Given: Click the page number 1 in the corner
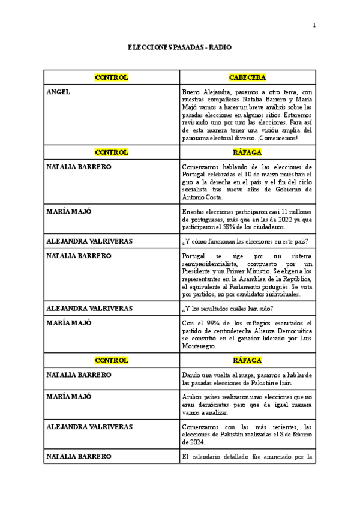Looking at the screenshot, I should tap(313, 25).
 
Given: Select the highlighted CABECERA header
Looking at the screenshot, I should tap(247, 77).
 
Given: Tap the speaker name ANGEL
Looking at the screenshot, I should tap(58, 92).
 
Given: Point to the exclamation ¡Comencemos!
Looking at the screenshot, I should tap(284, 137).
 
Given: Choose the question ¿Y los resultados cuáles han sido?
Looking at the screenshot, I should tap(227, 309).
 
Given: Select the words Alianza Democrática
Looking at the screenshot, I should tap(283, 331).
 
